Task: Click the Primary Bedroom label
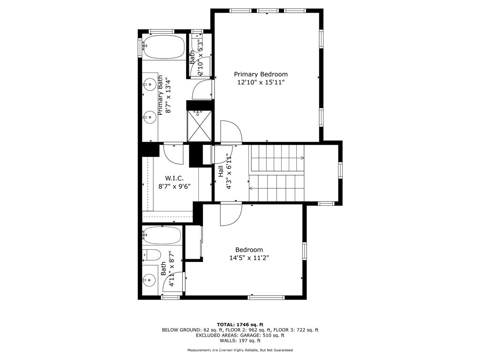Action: click(x=261, y=74)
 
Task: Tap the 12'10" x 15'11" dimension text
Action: click(x=261, y=82)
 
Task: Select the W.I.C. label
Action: click(x=174, y=178)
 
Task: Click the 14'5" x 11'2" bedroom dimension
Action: click(x=249, y=258)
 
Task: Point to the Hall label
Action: click(x=221, y=171)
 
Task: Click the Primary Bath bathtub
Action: click(x=164, y=48)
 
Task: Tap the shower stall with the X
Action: click(x=199, y=126)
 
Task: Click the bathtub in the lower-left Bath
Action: click(x=162, y=235)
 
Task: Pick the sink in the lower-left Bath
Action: click(x=149, y=280)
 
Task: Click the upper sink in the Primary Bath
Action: click(x=150, y=83)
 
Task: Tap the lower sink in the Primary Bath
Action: click(x=150, y=117)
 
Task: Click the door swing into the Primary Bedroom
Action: click(x=232, y=132)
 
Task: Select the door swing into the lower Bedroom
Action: click(x=231, y=214)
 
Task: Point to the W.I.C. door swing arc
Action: click(x=173, y=154)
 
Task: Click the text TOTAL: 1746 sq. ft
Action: click(x=240, y=324)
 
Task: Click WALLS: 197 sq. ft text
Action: click(x=240, y=340)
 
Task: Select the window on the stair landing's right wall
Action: click(x=340, y=170)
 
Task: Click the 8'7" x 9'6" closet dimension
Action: click(x=174, y=186)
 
